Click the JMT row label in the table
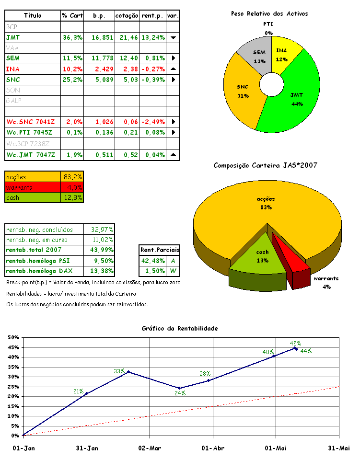13,37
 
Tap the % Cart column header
72,16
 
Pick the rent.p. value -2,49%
152,122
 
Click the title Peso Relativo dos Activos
269,14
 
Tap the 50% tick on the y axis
13,337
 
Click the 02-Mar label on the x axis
150,448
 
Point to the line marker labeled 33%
128,372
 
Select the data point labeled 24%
179,388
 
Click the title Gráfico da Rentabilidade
180,329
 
